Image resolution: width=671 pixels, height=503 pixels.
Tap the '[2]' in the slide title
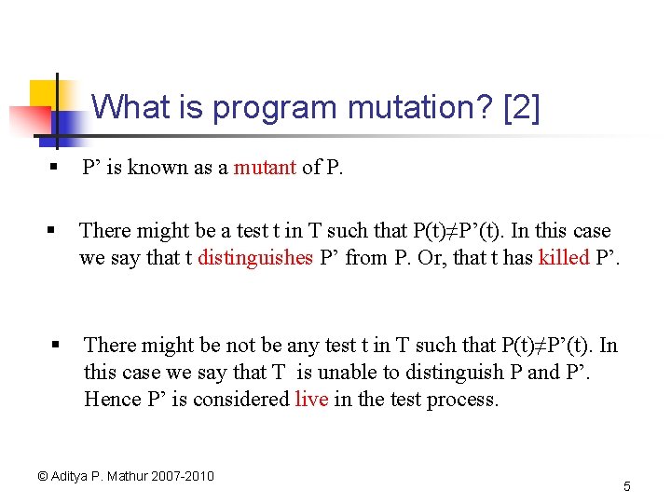tap(520, 108)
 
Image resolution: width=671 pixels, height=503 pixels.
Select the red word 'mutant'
tap(265, 168)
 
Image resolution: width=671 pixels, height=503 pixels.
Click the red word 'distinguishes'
tap(255, 257)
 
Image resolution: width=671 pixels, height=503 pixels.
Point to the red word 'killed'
tap(564, 257)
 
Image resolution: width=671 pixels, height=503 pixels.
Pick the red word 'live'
tap(311, 400)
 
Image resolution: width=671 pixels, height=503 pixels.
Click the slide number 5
tap(627, 486)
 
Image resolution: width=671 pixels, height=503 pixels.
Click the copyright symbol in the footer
tap(42, 476)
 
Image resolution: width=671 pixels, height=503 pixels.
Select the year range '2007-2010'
tap(185, 476)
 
